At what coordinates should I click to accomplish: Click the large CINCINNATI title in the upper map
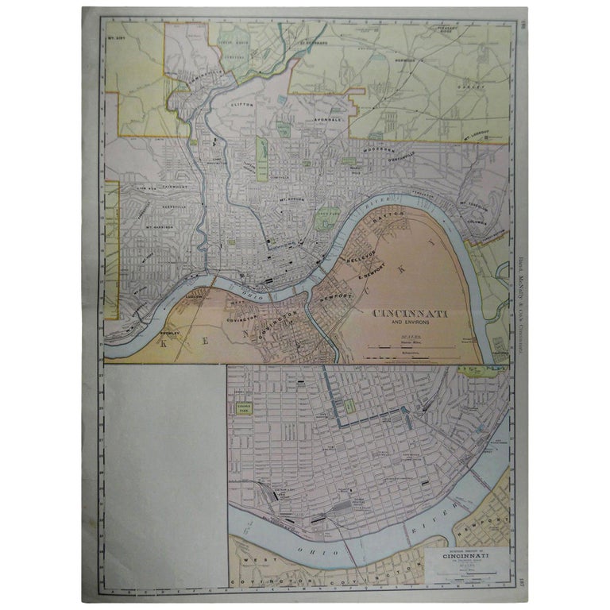(410, 315)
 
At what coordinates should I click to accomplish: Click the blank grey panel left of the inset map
(165, 477)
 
